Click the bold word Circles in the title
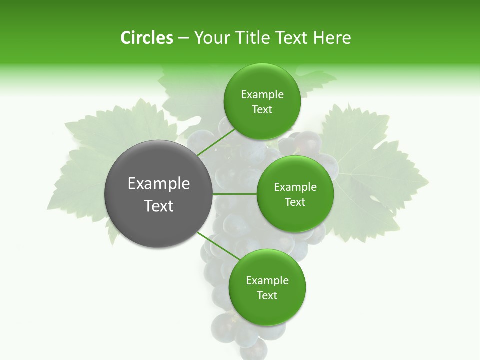(146, 38)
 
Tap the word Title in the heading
(252, 38)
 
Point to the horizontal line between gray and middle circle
(235, 194)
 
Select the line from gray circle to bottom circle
(217, 247)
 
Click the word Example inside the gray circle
(159, 184)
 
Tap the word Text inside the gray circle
(159, 206)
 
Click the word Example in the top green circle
(262, 95)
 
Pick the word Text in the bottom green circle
(267, 295)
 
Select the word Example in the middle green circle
(295, 187)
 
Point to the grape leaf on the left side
(95, 165)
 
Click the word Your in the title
(211, 38)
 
